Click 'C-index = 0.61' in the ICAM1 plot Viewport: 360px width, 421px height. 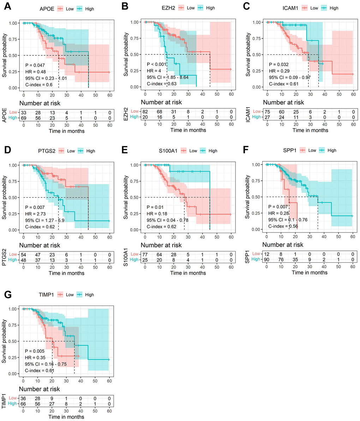pos(283,84)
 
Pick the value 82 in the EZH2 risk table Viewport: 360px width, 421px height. pos(145,111)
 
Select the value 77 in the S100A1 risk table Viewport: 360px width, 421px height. pos(145,254)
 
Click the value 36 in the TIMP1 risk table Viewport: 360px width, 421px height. pos(23,398)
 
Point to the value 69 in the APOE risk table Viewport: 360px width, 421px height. pos(24,117)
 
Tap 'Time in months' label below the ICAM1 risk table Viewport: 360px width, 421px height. pos(310,130)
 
